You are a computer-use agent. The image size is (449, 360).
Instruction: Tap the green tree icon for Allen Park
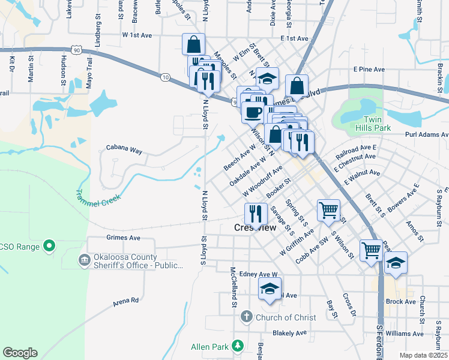238,346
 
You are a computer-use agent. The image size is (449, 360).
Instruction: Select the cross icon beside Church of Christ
246,317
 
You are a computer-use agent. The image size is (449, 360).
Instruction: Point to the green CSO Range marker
50,246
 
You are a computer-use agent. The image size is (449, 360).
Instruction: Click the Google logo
20,353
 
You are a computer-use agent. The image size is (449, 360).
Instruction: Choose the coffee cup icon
252,111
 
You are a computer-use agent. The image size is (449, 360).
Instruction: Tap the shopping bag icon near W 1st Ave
194,44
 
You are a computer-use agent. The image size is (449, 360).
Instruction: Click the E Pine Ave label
369,70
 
